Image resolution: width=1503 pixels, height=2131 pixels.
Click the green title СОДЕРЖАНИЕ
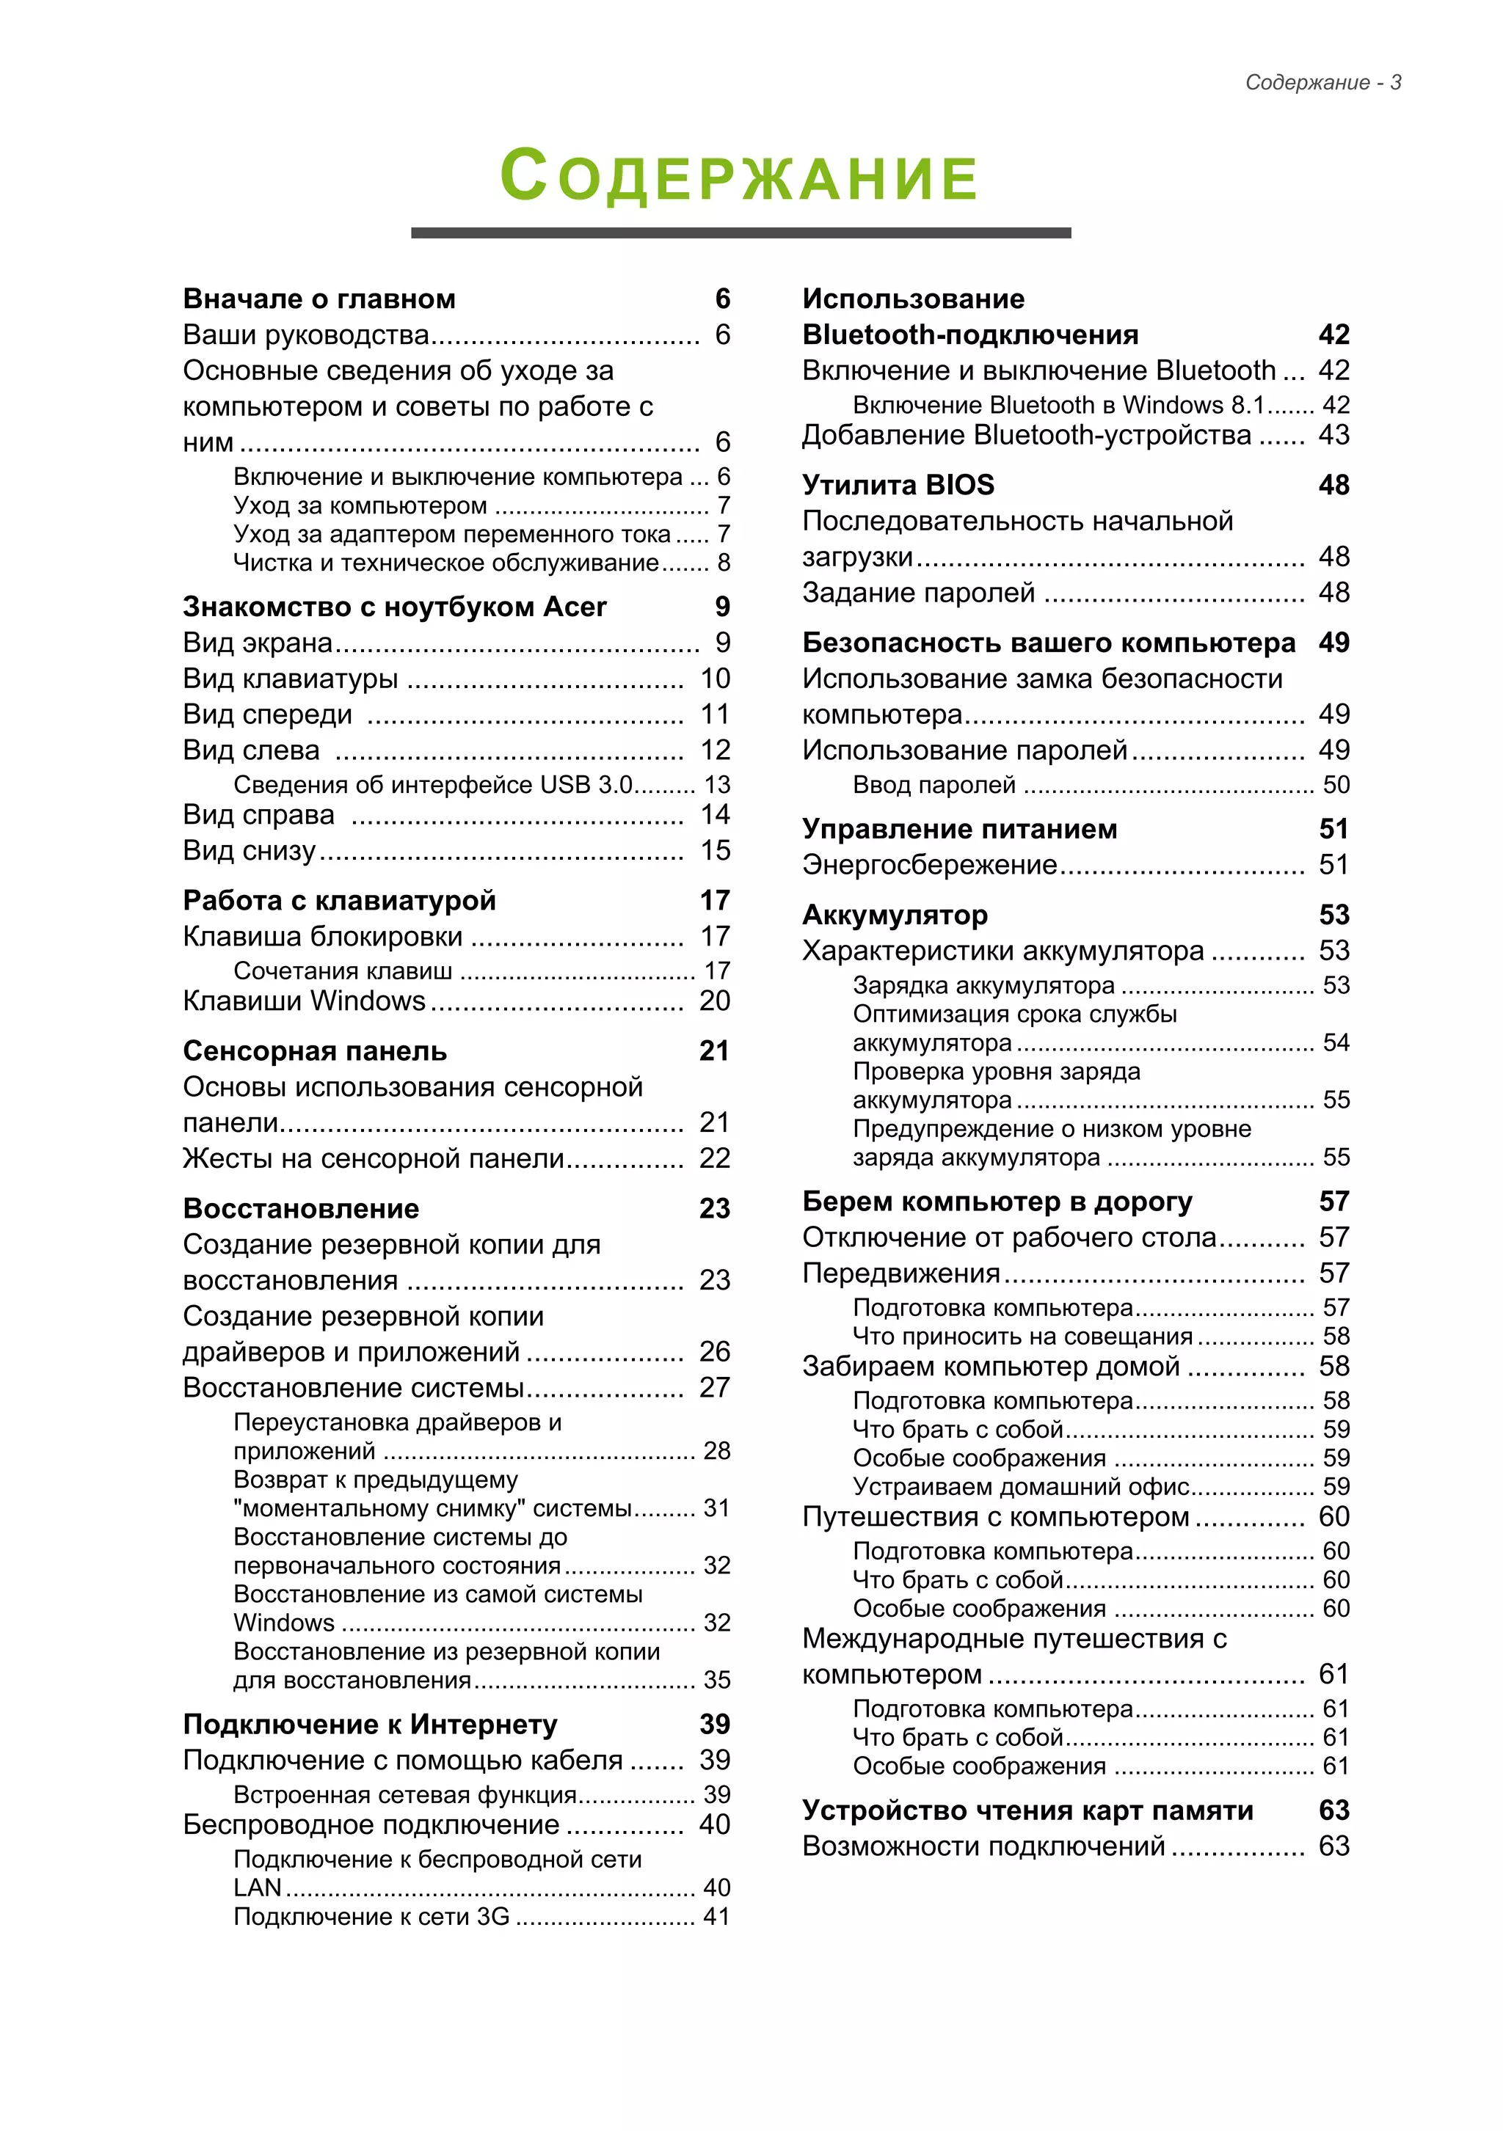[740, 175]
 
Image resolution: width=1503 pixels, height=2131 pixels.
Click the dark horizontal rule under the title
[740, 233]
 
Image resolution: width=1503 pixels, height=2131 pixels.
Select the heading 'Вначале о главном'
[319, 299]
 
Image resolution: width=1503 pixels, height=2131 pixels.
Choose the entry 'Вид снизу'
[249, 850]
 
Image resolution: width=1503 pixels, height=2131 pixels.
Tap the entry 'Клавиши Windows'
[304, 1001]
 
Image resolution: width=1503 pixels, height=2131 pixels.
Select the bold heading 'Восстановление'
[301, 1208]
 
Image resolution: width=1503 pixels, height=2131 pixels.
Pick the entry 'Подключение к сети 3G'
[371, 1917]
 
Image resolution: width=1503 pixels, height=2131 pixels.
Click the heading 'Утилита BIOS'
[898, 484]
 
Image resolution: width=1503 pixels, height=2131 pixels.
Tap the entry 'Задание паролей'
[918, 592]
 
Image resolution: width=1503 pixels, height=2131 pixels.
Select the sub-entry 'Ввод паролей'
[934, 785]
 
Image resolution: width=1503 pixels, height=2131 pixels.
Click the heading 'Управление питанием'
[959, 829]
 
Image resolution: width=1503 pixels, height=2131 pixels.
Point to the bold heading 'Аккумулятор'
[894, 915]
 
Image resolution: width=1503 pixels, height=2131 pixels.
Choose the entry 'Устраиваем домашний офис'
[1020, 1487]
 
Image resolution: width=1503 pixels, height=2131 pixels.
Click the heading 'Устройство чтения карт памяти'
[1027, 1810]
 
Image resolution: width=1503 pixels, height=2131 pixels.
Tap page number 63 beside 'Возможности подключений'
[1333, 1846]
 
